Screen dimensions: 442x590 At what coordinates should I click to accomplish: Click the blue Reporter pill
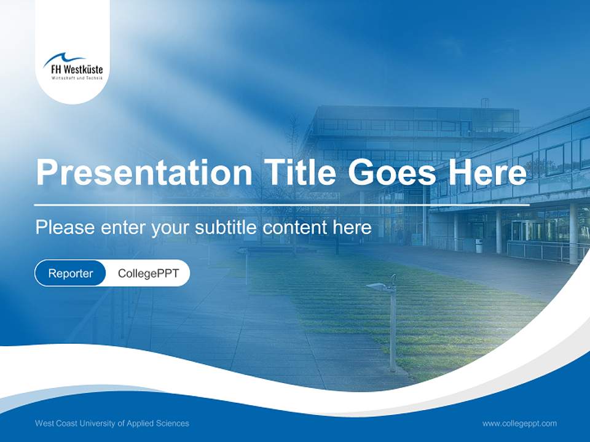point(71,273)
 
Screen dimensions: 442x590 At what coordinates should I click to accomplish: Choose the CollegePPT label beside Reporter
point(148,273)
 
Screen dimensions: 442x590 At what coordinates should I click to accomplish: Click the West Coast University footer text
point(112,423)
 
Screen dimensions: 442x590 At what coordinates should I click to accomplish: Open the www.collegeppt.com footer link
point(519,423)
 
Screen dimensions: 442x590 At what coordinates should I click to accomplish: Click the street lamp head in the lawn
point(377,286)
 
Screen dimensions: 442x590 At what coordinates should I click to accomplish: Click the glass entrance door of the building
point(520,230)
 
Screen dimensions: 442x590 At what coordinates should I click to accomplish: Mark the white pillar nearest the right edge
point(573,233)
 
